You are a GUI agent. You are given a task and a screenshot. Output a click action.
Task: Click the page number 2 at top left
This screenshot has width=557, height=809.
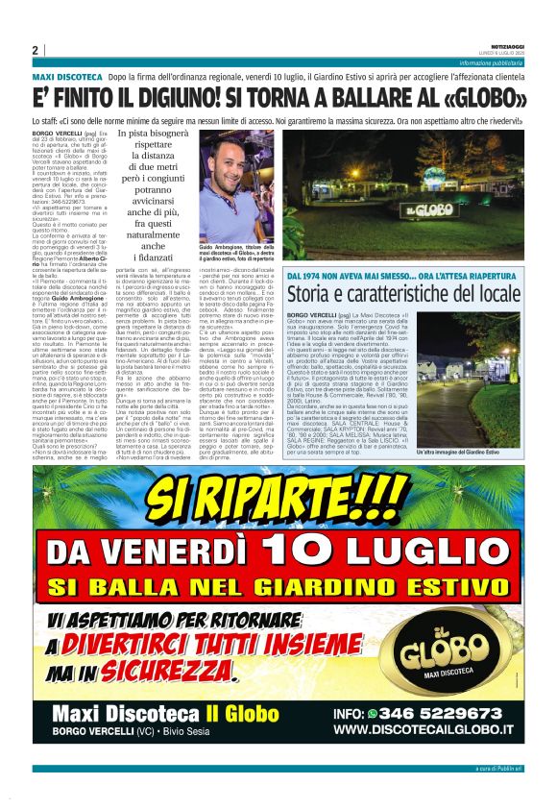tap(35, 50)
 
